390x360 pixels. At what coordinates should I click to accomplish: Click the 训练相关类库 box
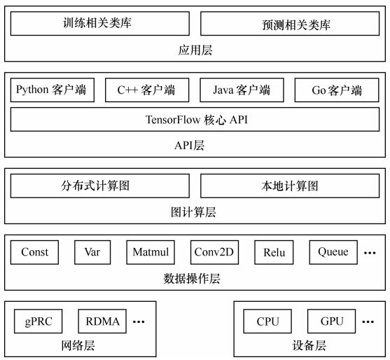(100, 23)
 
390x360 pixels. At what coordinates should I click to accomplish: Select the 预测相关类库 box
(290, 23)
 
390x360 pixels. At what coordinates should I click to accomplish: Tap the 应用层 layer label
(195, 50)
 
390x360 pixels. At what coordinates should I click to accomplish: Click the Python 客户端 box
(53, 90)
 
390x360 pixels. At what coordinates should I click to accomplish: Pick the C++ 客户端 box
(147, 90)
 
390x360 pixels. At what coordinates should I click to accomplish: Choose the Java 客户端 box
(242, 90)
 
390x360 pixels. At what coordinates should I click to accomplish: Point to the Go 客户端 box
(337, 90)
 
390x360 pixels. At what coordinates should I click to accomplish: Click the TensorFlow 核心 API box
(195, 120)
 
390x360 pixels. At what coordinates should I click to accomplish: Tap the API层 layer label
(189, 145)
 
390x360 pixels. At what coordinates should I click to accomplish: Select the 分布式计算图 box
(100, 186)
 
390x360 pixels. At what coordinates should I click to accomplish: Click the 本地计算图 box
(290, 186)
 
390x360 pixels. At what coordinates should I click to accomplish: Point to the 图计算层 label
(193, 212)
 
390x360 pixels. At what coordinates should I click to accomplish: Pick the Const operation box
(34, 252)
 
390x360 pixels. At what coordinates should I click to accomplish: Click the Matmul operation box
(151, 252)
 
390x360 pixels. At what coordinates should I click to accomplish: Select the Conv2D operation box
(214, 252)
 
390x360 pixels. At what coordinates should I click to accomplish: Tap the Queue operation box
(333, 252)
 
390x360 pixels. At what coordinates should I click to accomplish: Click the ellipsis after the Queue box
(370, 253)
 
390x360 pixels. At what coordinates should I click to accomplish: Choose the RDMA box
(102, 321)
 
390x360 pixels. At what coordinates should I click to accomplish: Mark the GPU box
(332, 321)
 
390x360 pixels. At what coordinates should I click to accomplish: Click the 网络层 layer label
(78, 345)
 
